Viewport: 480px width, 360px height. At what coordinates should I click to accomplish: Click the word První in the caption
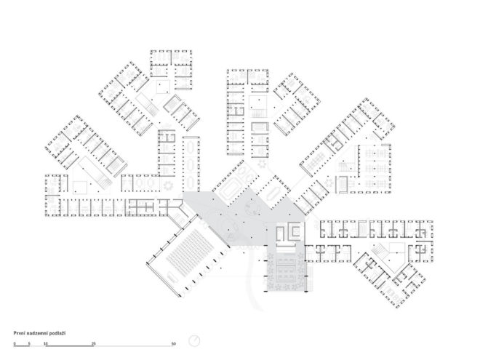(x=19, y=333)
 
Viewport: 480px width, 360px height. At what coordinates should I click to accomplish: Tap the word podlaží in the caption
(x=57, y=333)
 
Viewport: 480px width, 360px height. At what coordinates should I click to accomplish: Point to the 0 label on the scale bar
(x=15, y=344)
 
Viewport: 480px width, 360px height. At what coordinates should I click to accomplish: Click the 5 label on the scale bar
(x=29, y=344)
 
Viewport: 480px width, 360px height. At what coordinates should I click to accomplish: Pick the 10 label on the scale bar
(x=46, y=344)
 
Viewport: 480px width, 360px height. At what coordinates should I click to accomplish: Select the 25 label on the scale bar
(x=94, y=344)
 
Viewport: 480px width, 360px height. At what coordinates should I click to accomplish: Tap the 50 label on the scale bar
(x=174, y=344)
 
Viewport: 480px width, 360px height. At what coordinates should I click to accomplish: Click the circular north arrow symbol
(x=194, y=340)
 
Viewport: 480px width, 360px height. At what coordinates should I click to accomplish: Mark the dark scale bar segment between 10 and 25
(x=70, y=346)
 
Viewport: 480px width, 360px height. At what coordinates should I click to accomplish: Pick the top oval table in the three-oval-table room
(x=191, y=148)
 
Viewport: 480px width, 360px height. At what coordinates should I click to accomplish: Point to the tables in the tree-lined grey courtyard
(x=287, y=271)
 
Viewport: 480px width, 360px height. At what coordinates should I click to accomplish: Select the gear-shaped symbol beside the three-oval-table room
(x=168, y=185)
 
